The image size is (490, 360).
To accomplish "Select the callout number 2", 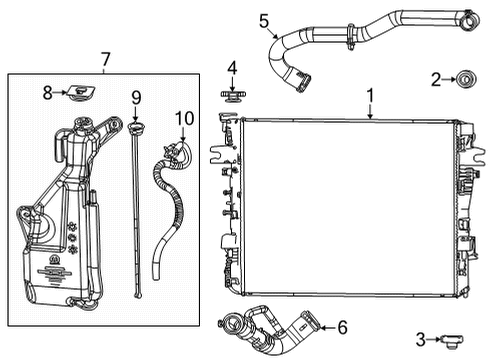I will pyautogui.click(x=435, y=79).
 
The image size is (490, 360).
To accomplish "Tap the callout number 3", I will pyautogui.click(x=421, y=339).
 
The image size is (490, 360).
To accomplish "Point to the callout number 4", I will pyautogui.click(x=231, y=68).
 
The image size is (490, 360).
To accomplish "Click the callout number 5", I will pyautogui.click(x=264, y=19).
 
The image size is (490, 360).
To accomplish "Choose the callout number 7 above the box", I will pyautogui.click(x=106, y=61).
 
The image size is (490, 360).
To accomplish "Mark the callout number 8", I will pyautogui.click(x=47, y=92).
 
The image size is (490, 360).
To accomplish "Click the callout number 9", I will pyautogui.click(x=136, y=99).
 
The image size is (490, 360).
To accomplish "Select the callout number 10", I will pyautogui.click(x=181, y=118).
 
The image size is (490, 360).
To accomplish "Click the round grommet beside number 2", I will pyautogui.click(x=465, y=78).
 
